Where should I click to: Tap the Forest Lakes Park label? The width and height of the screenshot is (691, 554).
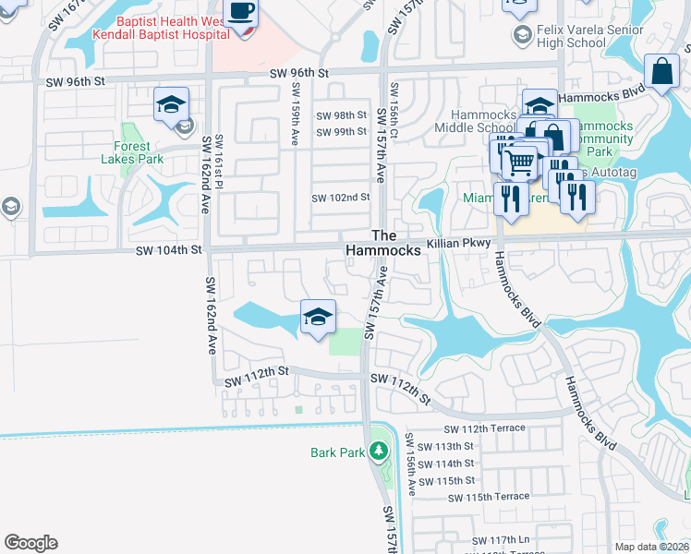click(139, 152)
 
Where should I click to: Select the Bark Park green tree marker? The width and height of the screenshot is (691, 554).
click(377, 452)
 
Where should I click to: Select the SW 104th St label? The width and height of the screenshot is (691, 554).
click(168, 250)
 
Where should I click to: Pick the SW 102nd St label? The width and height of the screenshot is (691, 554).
click(341, 198)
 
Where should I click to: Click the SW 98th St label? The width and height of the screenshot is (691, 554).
click(342, 115)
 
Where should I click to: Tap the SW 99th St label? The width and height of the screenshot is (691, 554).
click(342, 132)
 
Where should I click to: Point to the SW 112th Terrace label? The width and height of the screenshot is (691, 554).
click(484, 428)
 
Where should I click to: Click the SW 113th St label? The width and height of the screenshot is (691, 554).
click(445, 446)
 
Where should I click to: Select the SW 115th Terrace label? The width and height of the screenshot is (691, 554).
click(489, 498)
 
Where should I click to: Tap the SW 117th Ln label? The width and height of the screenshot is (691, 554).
click(504, 540)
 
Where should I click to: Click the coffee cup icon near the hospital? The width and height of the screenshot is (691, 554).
click(242, 12)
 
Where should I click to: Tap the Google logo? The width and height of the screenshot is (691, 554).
click(30, 543)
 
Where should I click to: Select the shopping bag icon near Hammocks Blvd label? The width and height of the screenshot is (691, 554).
click(662, 71)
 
